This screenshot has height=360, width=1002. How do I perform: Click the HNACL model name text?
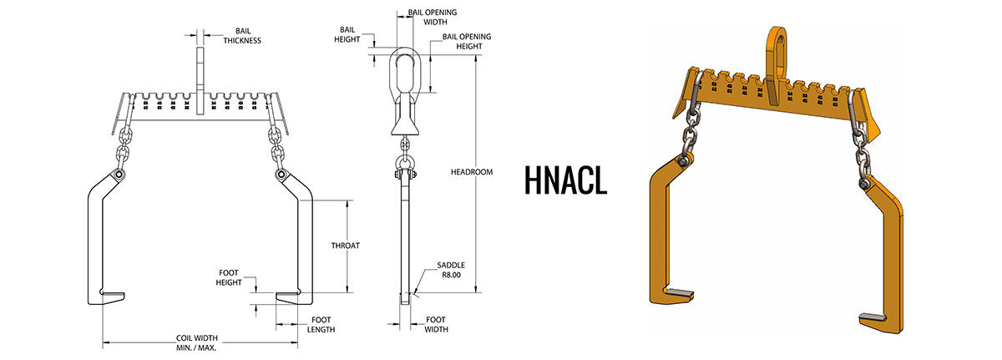point(565,179)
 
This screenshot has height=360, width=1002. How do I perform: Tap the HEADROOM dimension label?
point(495,172)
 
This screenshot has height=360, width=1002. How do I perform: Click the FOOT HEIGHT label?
point(229,276)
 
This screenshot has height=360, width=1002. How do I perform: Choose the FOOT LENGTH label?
point(321,324)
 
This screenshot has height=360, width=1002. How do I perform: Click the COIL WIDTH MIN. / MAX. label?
point(196,342)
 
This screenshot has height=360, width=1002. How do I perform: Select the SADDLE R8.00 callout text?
point(451,270)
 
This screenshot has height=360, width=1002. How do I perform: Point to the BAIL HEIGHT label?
point(348,33)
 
